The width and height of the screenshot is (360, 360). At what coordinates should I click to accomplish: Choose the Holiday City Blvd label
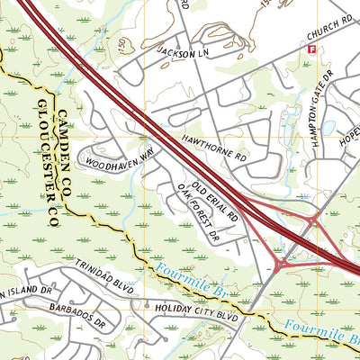[195, 317]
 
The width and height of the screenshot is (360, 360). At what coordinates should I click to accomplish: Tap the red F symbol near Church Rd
[312, 52]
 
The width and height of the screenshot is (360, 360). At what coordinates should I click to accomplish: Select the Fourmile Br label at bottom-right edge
[321, 334]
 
